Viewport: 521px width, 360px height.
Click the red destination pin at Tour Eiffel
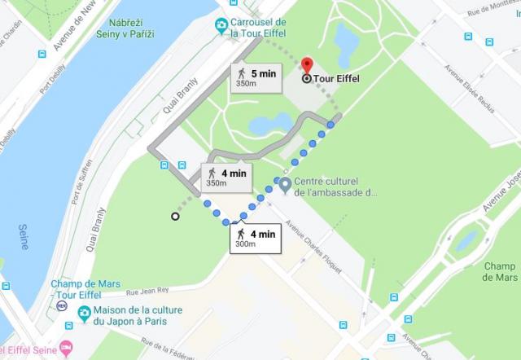(x=307, y=66)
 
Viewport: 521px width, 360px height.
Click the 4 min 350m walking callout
(x=225, y=177)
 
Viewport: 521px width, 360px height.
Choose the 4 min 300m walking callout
(x=254, y=238)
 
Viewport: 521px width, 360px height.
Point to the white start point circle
(x=175, y=216)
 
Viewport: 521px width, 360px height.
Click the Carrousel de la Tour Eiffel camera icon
(x=221, y=27)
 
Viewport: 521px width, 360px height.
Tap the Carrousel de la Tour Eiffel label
(x=259, y=27)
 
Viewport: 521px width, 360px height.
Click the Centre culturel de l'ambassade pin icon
(x=284, y=186)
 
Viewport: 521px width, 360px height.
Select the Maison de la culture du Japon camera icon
(x=84, y=314)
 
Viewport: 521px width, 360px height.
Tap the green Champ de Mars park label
(x=499, y=271)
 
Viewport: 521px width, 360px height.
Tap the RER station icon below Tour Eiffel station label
(x=61, y=306)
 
